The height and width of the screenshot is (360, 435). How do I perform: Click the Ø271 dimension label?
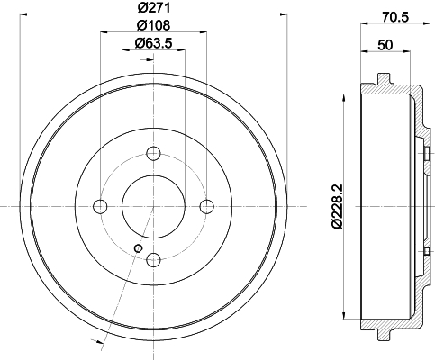[154, 7]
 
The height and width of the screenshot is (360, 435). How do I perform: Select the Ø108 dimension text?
[154, 25]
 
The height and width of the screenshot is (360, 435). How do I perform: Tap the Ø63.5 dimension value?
[153, 43]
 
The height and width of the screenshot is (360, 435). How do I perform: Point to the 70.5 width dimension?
[395, 17]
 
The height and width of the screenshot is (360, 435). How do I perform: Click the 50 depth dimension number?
[385, 45]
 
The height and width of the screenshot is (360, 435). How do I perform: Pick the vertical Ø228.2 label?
[338, 206]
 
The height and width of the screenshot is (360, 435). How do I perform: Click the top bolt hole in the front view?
[153, 153]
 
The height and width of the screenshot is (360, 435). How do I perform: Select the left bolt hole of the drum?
[100, 206]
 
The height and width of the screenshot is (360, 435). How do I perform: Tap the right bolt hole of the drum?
[207, 206]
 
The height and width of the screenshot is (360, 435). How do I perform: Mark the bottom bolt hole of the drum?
[153, 260]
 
